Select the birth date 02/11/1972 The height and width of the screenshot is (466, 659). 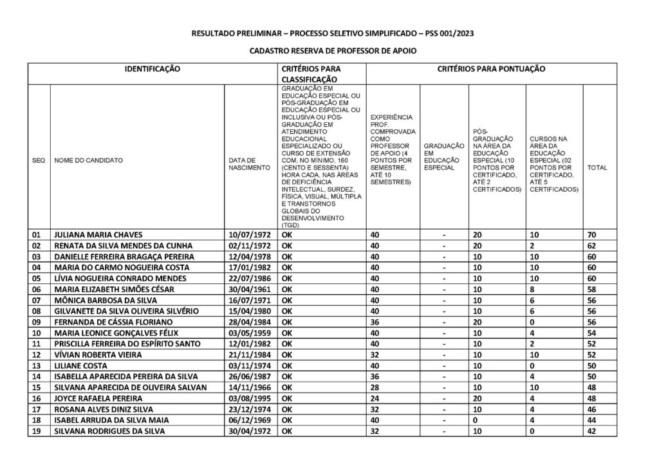click(250, 245)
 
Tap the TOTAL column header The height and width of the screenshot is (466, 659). click(597, 168)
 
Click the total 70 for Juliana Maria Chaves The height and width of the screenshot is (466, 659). click(592, 234)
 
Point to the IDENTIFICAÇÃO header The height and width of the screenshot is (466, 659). click(152, 68)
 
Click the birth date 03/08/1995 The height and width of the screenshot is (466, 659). click(250, 398)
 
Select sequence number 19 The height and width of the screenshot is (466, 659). click(37, 431)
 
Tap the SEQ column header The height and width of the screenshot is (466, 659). click(38, 160)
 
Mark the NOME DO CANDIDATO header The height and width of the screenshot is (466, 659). click(89, 160)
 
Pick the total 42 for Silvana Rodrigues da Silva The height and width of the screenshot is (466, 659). click(592, 431)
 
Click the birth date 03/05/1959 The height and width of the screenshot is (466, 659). click(250, 333)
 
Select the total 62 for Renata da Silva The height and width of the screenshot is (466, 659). click(592, 245)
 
